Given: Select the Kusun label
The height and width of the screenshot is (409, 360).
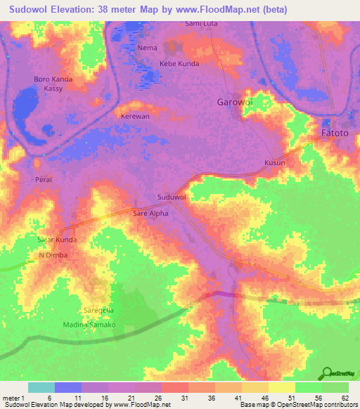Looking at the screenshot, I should pos(274,162).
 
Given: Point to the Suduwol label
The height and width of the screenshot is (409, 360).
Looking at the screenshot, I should pos(172,197).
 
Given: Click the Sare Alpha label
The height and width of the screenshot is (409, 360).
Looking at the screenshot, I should pos(150,213).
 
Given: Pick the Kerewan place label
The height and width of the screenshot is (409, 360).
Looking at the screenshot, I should pos(136,116).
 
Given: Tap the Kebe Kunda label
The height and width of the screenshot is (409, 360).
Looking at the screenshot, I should pos(180,63).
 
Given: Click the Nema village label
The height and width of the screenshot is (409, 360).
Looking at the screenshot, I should pos(148,48).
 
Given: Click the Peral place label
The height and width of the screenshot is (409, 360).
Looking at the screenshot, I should pos(44,179).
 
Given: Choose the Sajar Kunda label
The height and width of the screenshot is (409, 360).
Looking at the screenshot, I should pos(56,240).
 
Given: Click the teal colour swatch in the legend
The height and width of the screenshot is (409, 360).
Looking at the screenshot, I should pos(41,387).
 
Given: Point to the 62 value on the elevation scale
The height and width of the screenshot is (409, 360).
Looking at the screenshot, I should pos(344,398).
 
